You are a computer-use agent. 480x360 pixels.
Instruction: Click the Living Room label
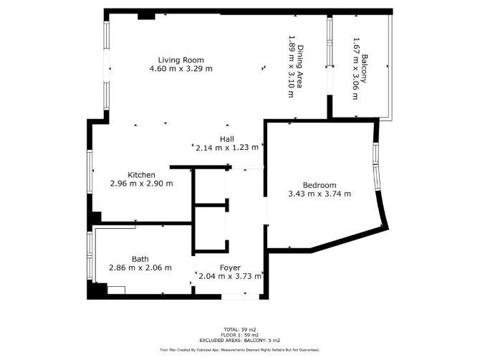tap(181, 60)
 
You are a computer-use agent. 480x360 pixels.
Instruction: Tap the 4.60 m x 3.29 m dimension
tap(181, 69)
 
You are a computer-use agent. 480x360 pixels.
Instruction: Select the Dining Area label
tap(300, 67)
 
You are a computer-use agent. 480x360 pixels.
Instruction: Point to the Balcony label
tap(364, 69)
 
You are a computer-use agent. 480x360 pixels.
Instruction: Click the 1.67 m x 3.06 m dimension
tap(356, 69)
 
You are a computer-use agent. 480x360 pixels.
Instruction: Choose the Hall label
tap(227, 139)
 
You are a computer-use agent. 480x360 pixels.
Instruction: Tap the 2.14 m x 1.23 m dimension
tap(227, 148)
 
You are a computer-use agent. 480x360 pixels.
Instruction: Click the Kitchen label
tap(141, 175)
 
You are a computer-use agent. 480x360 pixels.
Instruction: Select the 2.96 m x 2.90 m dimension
tap(141, 184)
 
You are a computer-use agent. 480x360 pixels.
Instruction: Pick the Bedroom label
tap(320, 185)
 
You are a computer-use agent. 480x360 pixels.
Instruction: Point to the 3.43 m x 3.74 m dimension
tap(320, 194)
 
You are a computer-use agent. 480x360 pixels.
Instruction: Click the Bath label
tap(140, 259)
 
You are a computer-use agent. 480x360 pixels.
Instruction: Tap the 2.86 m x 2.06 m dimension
tap(140, 267)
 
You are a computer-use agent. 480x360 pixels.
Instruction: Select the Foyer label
tap(230, 267)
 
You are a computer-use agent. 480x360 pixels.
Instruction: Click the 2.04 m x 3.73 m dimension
tap(230, 276)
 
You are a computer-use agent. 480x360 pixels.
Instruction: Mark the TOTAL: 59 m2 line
tap(240, 330)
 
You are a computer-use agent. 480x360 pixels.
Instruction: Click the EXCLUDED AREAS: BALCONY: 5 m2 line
tap(240, 340)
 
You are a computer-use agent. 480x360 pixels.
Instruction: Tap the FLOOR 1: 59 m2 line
tap(240, 335)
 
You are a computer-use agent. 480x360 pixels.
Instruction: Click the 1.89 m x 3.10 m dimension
tap(292, 67)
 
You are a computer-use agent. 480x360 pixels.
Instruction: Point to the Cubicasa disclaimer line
tap(240, 350)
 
